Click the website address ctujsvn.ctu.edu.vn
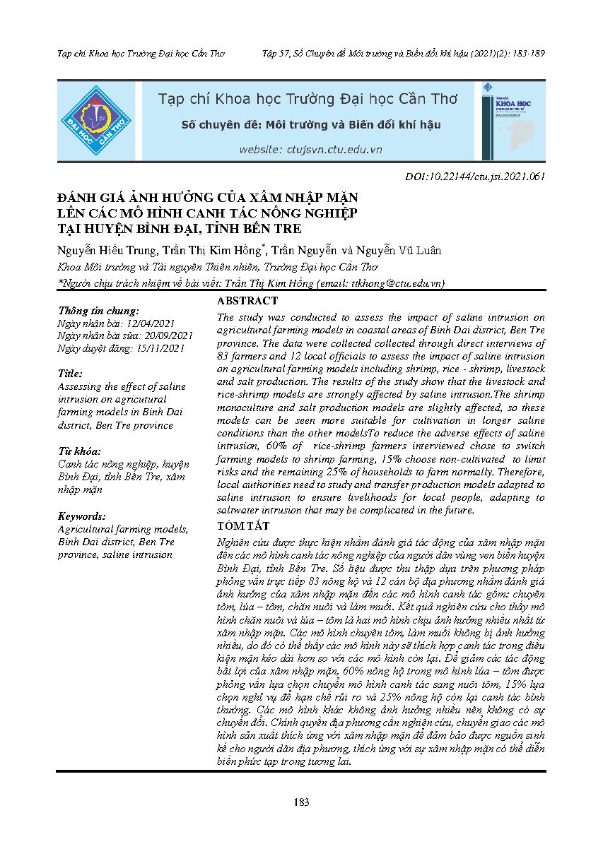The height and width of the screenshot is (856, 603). tap(310, 150)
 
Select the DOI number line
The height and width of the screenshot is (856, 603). tap(475, 177)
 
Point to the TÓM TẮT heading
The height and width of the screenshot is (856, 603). tap(242, 526)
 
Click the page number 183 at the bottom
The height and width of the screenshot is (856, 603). tap(301, 802)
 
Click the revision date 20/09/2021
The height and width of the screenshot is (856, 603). tap(168, 335)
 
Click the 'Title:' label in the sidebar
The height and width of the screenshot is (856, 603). tap(71, 374)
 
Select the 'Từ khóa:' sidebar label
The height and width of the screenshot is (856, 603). tap(79, 451)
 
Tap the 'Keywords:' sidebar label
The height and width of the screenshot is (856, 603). tap(82, 516)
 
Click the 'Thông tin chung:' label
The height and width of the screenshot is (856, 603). tap(98, 310)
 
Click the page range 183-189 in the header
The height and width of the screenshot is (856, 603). tap(527, 53)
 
